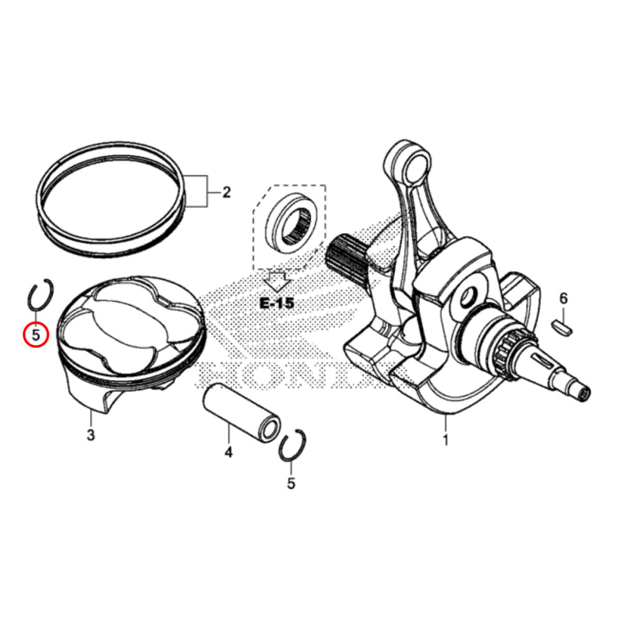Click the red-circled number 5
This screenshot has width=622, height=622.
[35, 335]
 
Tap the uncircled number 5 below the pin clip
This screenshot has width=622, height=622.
[291, 483]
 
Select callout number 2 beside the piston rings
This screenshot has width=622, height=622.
[226, 192]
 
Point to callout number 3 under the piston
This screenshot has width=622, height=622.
[91, 435]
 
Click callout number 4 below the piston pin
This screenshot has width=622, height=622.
[228, 452]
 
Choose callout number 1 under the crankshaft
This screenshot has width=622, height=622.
[445, 441]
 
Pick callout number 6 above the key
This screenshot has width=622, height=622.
[564, 299]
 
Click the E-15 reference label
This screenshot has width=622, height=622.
[276, 304]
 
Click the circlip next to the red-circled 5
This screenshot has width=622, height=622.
[41, 295]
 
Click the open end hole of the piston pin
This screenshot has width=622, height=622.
[269, 430]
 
